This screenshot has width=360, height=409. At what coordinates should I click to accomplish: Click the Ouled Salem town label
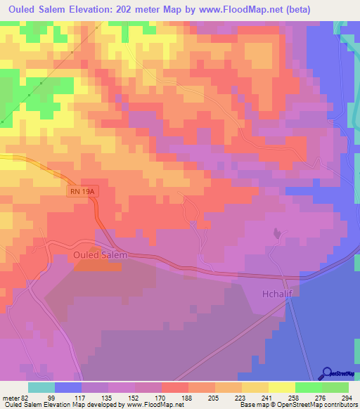(100, 255)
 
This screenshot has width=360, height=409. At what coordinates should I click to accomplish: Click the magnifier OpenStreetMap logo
(327, 374)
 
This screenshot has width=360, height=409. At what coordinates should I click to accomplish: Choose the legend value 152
(135, 398)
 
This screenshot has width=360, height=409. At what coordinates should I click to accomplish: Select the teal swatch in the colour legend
(41, 387)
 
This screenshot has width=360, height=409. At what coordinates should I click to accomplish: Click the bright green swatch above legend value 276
(308, 387)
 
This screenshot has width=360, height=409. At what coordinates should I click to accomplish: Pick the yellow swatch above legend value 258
(281, 387)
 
